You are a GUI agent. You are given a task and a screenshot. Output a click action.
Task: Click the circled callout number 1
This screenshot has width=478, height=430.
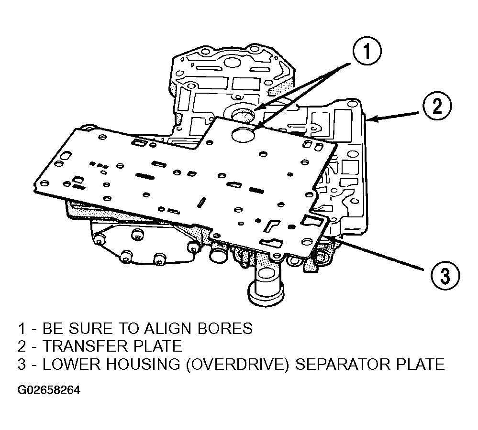[x=367, y=51]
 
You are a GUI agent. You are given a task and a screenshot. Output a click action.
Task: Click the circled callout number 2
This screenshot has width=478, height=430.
[x=436, y=106]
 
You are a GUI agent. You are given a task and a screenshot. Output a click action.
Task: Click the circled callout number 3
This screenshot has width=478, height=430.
[x=445, y=276]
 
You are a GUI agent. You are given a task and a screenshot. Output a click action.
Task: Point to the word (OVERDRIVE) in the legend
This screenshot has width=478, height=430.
[x=237, y=364]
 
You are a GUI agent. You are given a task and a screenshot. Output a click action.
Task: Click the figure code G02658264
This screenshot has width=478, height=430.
[x=49, y=390]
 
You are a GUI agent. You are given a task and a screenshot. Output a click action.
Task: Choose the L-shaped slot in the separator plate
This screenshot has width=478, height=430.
[x=271, y=226]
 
